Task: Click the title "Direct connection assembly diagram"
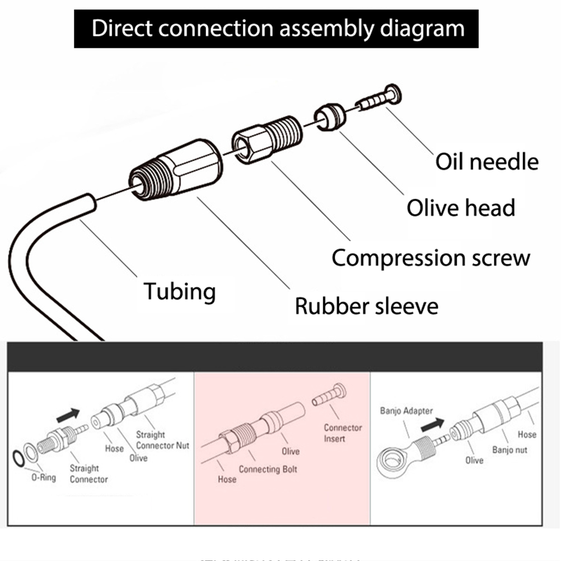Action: click(278, 27)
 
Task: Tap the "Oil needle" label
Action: click(487, 162)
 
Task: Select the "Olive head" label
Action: click(460, 208)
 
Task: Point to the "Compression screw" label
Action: click(431, 258)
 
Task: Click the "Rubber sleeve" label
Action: click(366, 306)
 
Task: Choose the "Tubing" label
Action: click(179, 292)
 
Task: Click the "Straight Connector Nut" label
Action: click(162, 440)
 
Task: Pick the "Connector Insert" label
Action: click(343, 433)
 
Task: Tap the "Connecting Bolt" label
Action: click(268, 469)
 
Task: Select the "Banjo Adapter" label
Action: click(406, 411)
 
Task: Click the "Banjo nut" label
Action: click(509, 450)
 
